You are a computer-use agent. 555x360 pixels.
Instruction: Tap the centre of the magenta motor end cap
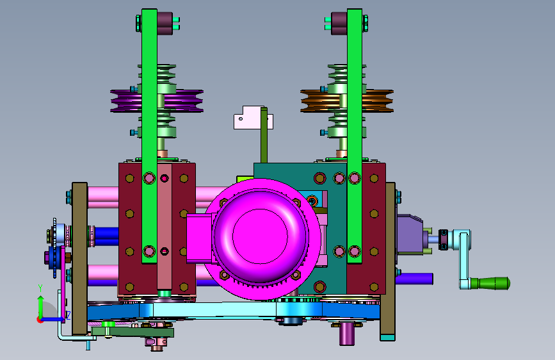(x=260, y=236)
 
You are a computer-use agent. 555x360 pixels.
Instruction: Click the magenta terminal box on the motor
(x=199, y=238)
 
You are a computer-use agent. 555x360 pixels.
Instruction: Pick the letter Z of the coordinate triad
(x=68, y=315)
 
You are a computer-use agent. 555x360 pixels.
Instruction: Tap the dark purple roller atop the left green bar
(x=165, y=24)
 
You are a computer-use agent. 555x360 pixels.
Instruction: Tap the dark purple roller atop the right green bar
(x=339, y=24)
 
